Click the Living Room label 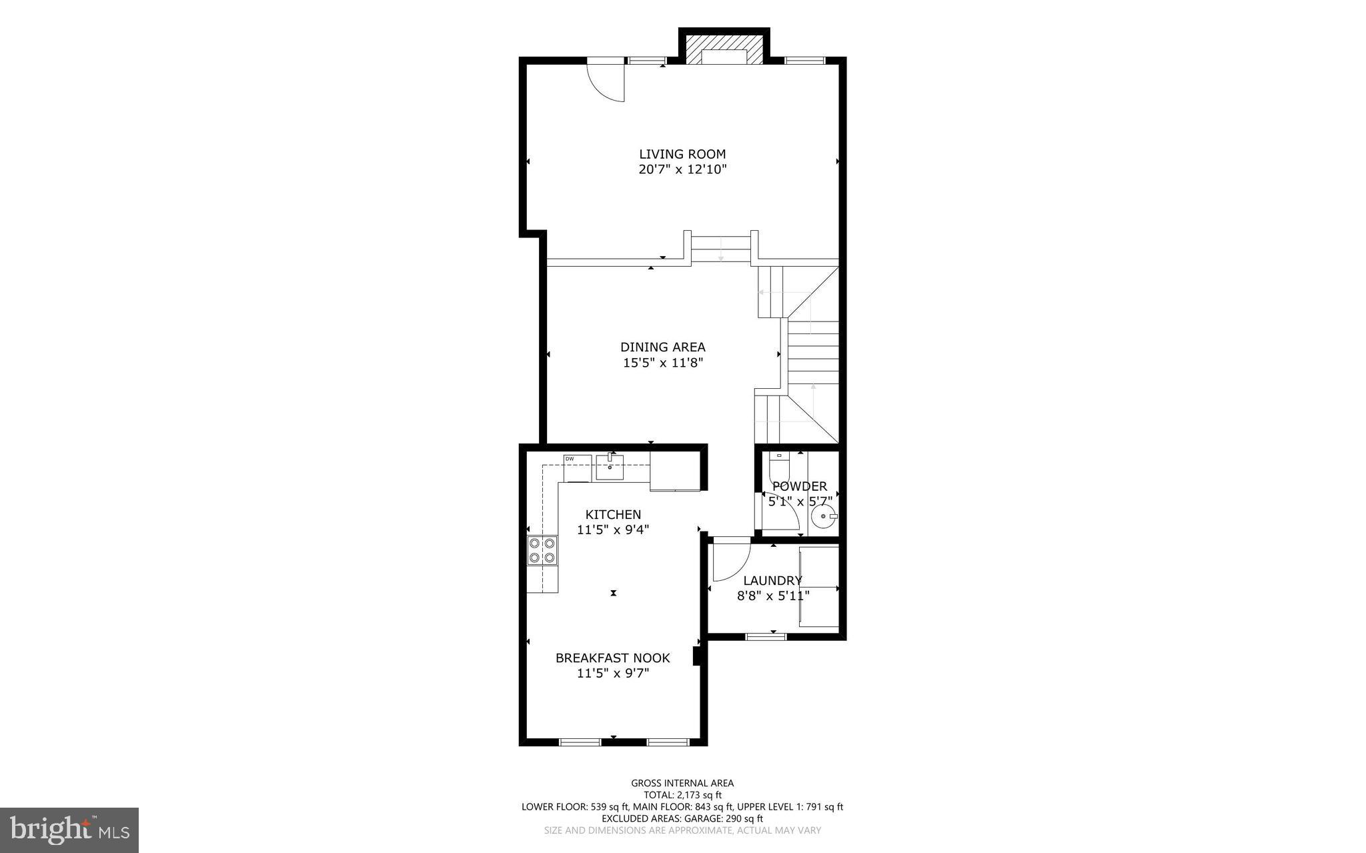(x=682, y=154)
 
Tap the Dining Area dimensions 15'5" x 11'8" (x=663, y=363)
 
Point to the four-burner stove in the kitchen (x=542, y=550)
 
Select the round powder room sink (x=825, y=516)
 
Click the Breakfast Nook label (x=612, y=658)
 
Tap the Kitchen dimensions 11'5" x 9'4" (x=612, y=530)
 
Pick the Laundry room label (x=772, y=580)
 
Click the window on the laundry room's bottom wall (x=765, y=636)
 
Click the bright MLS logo (x=69, y=830)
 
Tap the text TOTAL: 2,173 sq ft (x=682, y=795)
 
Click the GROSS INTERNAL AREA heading (x=682, y=783)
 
